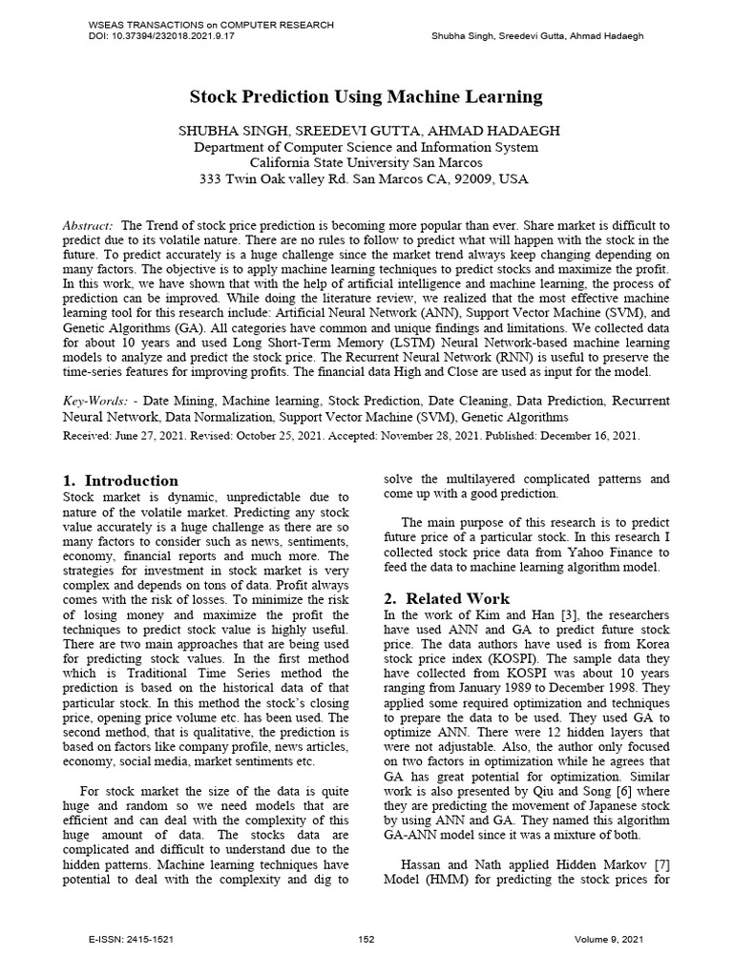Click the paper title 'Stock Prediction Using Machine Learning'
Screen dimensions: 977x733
pos(366,96)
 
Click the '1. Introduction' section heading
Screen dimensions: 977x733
pos(120,481)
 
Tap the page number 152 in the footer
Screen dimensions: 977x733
pos(366,940)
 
